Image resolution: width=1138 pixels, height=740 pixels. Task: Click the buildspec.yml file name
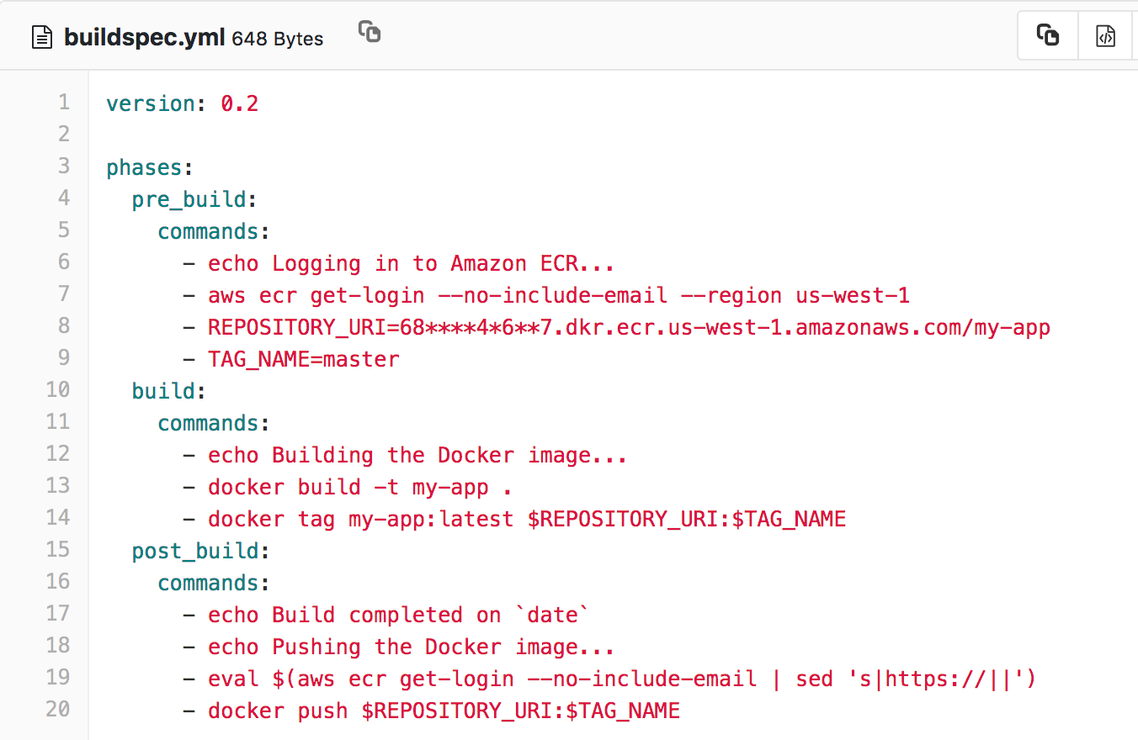pyautogui.click(x=144, y=38)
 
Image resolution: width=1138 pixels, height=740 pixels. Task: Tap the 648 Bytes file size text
pyautogui.click(x=277, y=39)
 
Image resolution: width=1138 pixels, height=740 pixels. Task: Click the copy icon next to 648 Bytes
pyautogui.click(x=370, y=32)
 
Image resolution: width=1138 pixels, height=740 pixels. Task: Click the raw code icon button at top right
pyautogui.click(x=1105, y=36)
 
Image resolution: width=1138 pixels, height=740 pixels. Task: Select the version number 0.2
pyautogui.click(x=240, y=103)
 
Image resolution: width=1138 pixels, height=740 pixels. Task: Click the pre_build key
pyautogui.click(x=189, y=199)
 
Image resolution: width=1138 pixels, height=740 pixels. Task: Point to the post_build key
pyautogui.click(x=195, y=551)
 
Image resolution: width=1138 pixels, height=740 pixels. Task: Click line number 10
pyautogui.click(x=58, y=390)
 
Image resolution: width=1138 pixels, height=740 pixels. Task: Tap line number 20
pyautogui.click(x=58, y=710)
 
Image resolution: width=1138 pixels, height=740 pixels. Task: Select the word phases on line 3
pyautogui.click(x=144, y=167)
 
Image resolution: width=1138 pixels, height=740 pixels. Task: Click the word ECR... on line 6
pyautogui.click(x=577, y=263)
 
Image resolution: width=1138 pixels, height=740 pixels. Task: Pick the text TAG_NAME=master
pyautogui.click(x=304, y=359)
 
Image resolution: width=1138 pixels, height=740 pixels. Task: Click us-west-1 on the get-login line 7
pyautogui.click(x=853, y=295)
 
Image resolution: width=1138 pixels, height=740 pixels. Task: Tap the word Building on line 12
pyautogui.click(x=322, y=455)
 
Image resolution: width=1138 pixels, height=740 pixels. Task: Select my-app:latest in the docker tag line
pyautogui.click(x=431, y=519)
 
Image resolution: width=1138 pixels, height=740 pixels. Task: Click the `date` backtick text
pyautogui.click(x=552, y=615)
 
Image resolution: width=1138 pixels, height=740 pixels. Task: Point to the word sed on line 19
pyautogui.click(x=814, y=679)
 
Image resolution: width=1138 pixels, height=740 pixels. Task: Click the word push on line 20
pyautogui.click(x=322, y=711)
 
